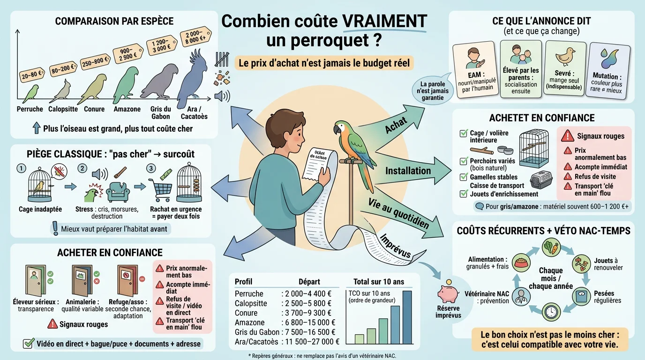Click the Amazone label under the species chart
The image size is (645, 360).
click(127, 109)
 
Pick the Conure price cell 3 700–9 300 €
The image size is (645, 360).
click(307, 313)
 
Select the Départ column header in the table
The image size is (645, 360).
click(309, 282)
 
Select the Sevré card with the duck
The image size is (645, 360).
click(564, 69)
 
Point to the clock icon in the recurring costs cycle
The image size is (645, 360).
click(552, 312)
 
